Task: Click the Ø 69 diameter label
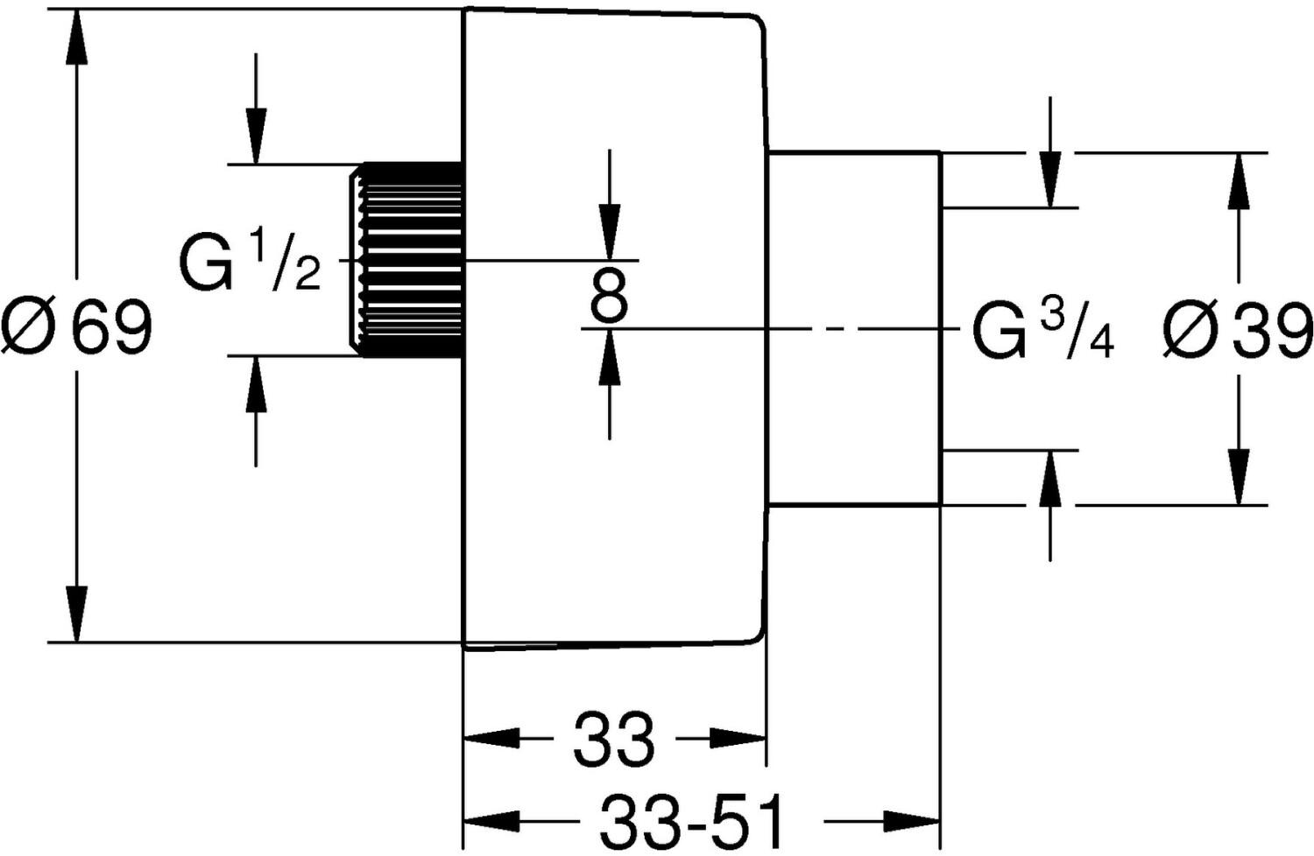pyautogui.click(x=76, y=327)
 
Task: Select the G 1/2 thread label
pyautogui.click(x=250, y=260)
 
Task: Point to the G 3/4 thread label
pyautogui.click(x=1043, y=330)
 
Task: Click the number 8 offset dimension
pyautogui.click(x=610, y=295)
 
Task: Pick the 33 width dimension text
pyautogui.click(x=613, y=739)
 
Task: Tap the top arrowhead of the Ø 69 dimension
pyautogui.click(x=76, y=37)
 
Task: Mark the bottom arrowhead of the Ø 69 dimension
pyautogui.click(x=76, y=614)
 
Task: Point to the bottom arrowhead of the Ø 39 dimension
pyautogui.click(x=1239, y=477)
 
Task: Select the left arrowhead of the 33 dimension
pyautogui.click(x=491, y=739)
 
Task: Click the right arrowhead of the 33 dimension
pyautogui.click(x=738, y=739)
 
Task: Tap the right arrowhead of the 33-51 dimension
pyautogui.click(x=912, y=821)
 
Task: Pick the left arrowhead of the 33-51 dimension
pyautogui.click(x=491, y=821)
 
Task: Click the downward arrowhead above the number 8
pyautogui.click(x=610, y=232)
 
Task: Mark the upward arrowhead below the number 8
pyautogui.click(x=610, y=357)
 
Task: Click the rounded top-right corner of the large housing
pyautogui.click(x=757, y=22)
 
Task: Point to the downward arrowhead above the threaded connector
pyautogui.click(x=256, y=136)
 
